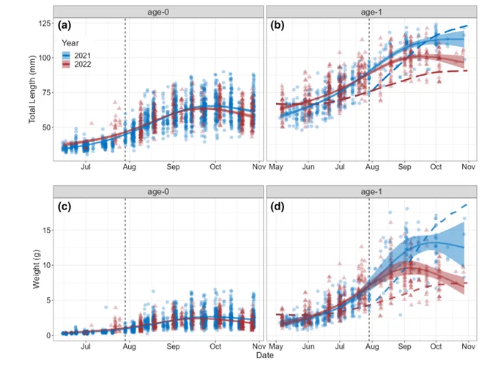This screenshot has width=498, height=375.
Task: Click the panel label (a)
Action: [64, 25]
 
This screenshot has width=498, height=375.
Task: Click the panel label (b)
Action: [277, 25]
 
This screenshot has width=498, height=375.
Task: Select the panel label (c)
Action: [64, 207]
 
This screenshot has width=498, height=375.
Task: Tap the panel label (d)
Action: [277, 207]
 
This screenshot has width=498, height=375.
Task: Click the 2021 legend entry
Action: [77, 56]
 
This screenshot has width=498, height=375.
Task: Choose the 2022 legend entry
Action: [77, 64]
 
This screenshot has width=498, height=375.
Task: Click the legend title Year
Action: [70, 43]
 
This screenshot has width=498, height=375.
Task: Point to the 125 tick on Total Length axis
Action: [44, 23]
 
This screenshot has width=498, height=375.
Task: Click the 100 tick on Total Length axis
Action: [44, 58]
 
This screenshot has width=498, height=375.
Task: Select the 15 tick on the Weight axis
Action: [46, 230]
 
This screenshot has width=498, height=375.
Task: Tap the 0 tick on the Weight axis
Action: [48, 335]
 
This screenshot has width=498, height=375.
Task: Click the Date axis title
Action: [265, 355]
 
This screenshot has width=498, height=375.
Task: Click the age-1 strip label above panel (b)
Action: [371, 12]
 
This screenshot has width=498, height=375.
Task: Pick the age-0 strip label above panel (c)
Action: [158, 192]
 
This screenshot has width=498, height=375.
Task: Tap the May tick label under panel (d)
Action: [275, 346]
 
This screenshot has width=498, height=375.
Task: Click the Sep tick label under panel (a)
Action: [173, 167]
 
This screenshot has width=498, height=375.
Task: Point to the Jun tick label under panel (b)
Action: [308, 167]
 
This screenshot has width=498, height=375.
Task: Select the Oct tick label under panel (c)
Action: [215, 346]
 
